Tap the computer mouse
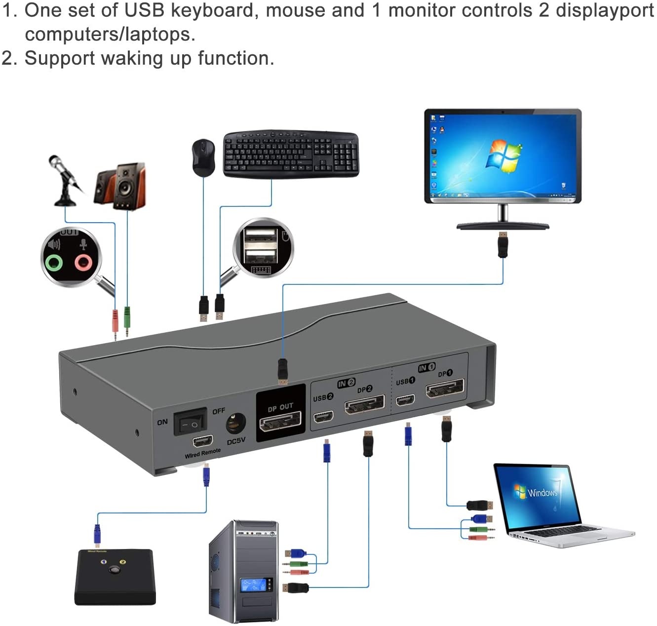203,157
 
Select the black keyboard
291,154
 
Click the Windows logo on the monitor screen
503,156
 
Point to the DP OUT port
280,423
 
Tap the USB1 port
405,399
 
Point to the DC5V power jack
235,423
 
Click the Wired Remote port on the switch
203,441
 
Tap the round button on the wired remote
114,570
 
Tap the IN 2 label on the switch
346,383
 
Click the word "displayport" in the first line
605,10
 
